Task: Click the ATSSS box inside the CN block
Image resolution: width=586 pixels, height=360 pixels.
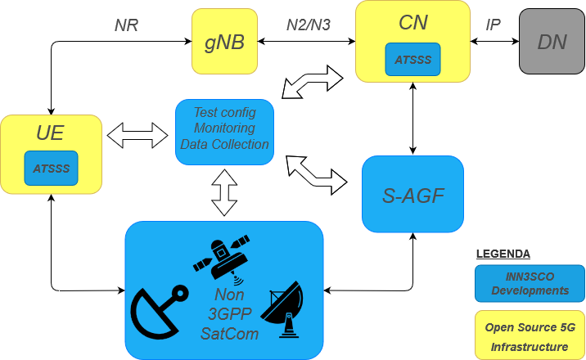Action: point(413,59)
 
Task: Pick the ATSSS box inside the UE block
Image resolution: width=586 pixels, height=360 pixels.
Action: point(51,168)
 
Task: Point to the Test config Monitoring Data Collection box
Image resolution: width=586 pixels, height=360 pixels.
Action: point(224,128)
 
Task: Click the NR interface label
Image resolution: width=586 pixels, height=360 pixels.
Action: point(126,25)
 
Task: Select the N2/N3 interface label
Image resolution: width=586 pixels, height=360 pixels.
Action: point(309,25)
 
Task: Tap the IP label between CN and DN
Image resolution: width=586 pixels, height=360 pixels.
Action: point(493,25)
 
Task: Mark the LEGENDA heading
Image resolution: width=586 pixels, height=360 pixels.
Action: point(503,254)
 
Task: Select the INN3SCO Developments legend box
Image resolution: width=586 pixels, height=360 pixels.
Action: point(530,283)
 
